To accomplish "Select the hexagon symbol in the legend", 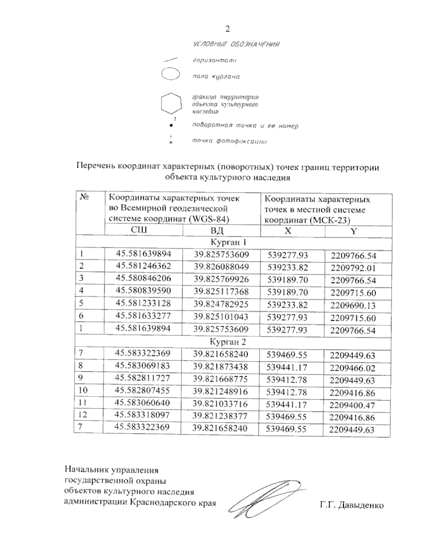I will pos(172,104).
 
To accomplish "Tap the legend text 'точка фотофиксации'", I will pos(229,142).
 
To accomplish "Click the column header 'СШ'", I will pos(140,230).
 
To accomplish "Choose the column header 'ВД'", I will pos(217,231).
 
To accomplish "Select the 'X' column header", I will pos(288,231).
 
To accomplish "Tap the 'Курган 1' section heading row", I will pos(228,243).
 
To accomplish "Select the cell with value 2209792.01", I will pos(353,268).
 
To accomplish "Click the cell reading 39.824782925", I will pos(221,304).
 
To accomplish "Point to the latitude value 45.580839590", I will pos(143,291).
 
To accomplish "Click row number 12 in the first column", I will pos(83,415).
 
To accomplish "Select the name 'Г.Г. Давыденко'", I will pos(351,505).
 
